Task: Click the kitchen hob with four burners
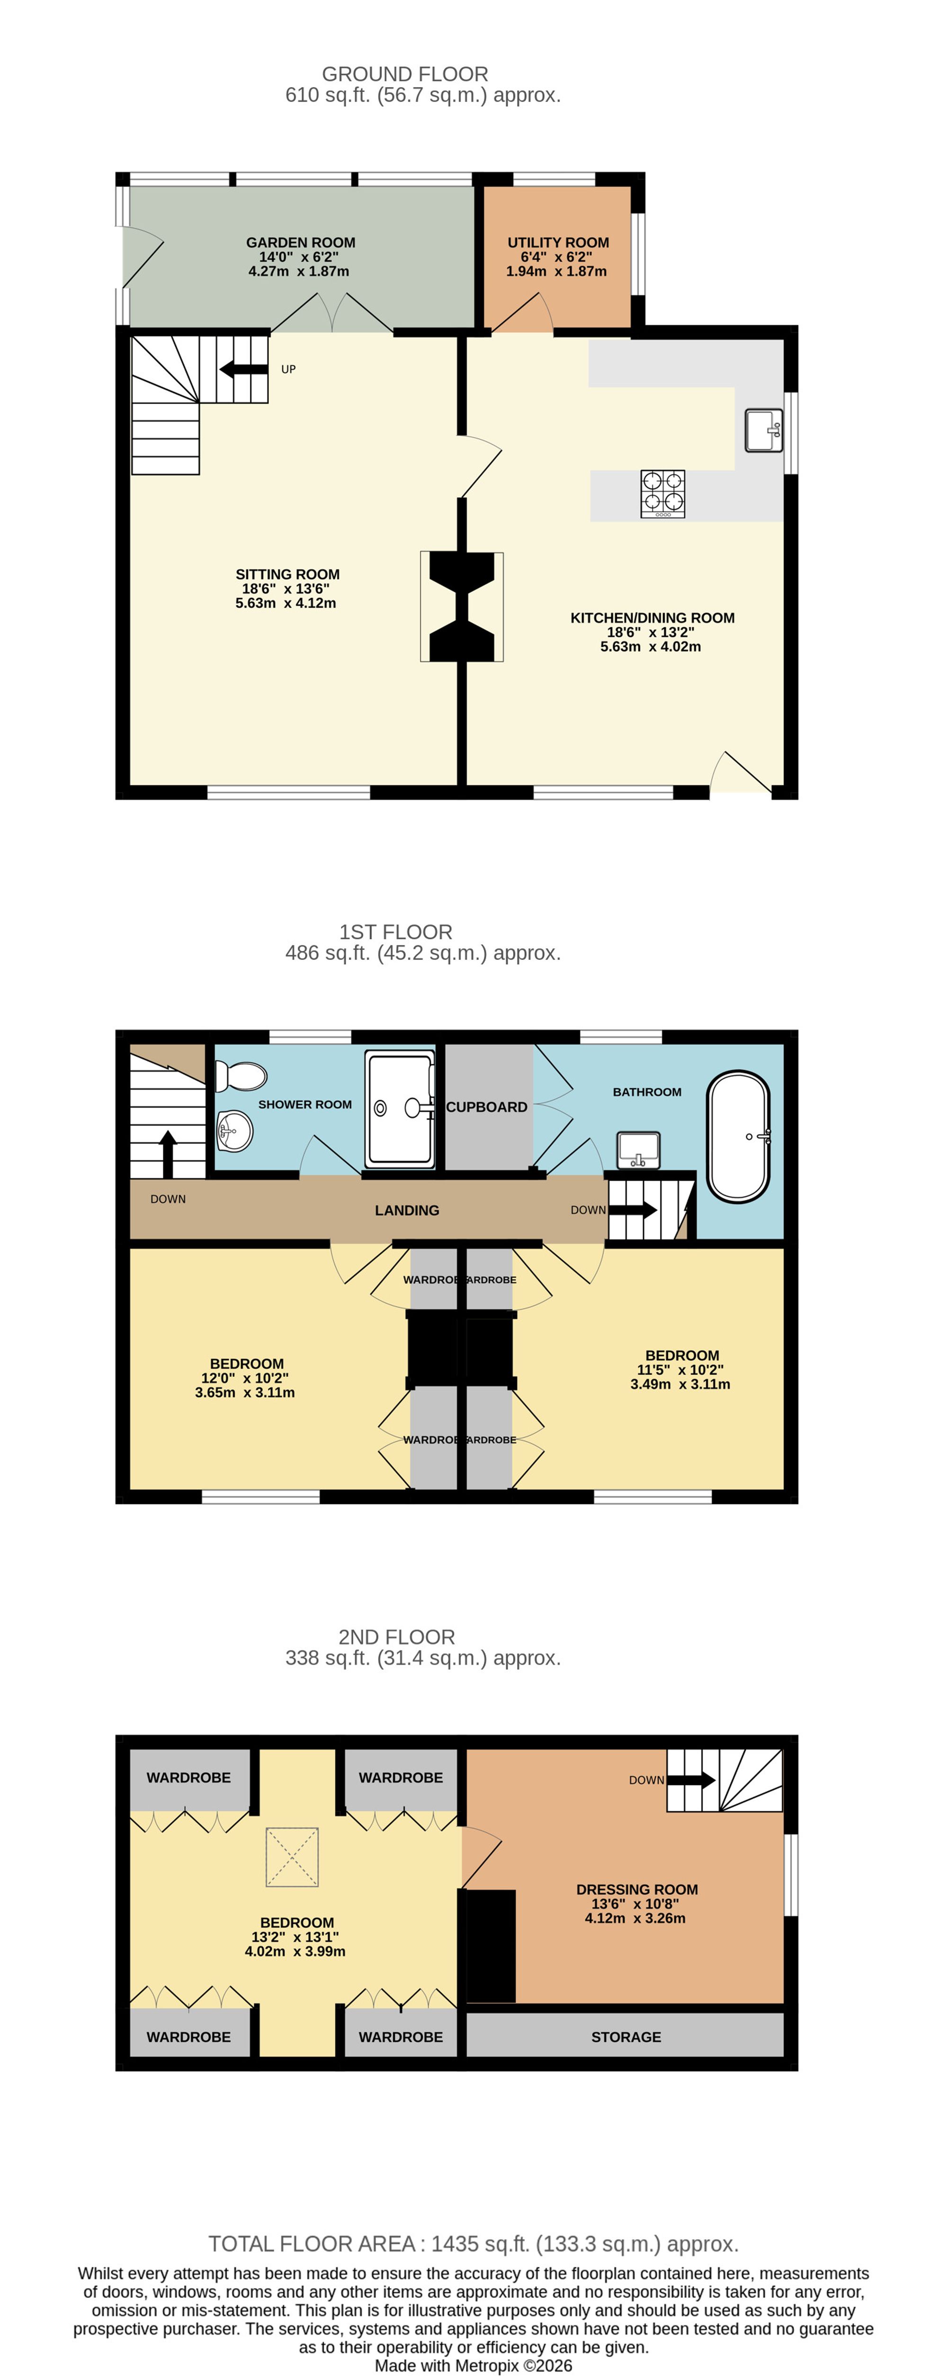pyautogui.click(x=663, y=493)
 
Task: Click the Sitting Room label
pyautogui.click(x=287, y=574)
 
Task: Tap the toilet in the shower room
pyautogui.click(x=241, y=1075)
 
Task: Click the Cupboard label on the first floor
pyautogui.click(x=486, y=1107)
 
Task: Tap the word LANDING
pyautogui.click(x=407, y=1210)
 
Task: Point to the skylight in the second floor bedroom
pyautogui.click(x=292, y=1857)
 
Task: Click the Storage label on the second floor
pyautogui.click(x=626, y=2037)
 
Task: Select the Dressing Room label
pyautogui.click(x=637, y=1889)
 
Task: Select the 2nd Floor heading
pyautogui.click(x=397, y=1637)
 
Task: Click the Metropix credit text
pyautogui.click(x=473, y=2366)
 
